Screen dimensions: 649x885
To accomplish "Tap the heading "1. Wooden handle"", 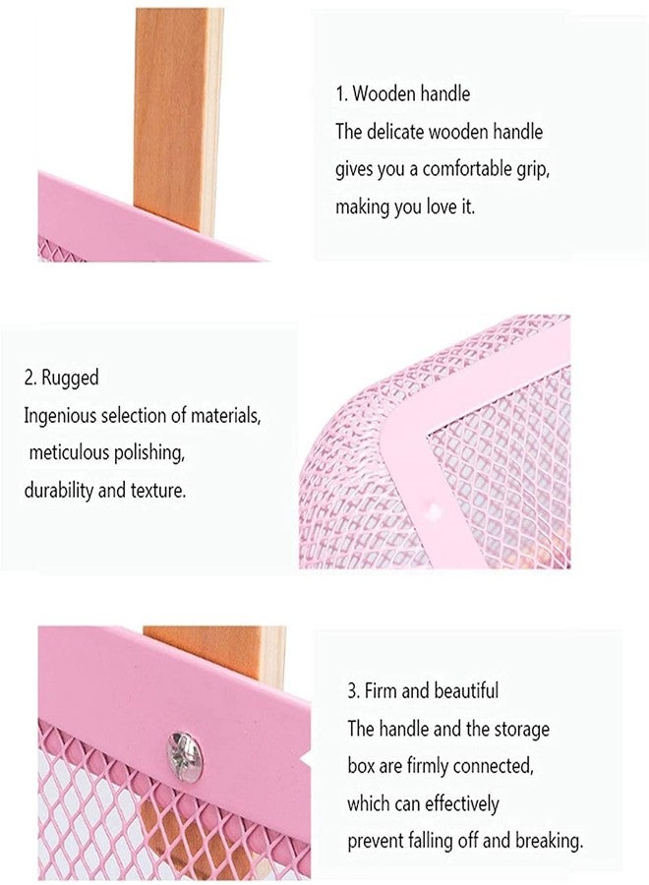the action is point(402,93).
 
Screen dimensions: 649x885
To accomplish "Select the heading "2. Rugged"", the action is point(62,377).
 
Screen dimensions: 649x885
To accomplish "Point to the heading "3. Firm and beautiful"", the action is point(423,690).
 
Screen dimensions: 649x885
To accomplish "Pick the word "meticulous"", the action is point(69,452).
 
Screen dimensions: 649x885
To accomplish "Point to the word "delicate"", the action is point(395,132).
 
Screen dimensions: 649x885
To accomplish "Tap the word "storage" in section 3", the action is point(522,729).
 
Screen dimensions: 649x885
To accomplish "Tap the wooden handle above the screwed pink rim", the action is point(215,653).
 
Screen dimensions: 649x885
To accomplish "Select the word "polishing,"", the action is point(149,453).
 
